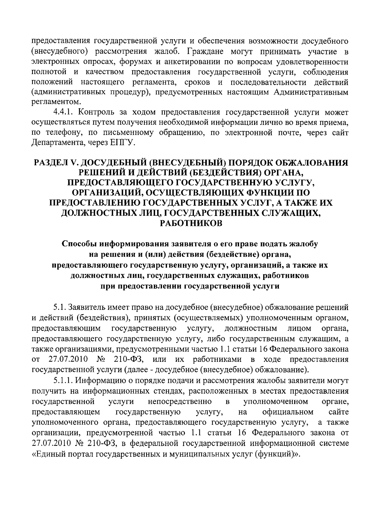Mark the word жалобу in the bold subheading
303,244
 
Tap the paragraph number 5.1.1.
62,381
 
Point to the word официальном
288,411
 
